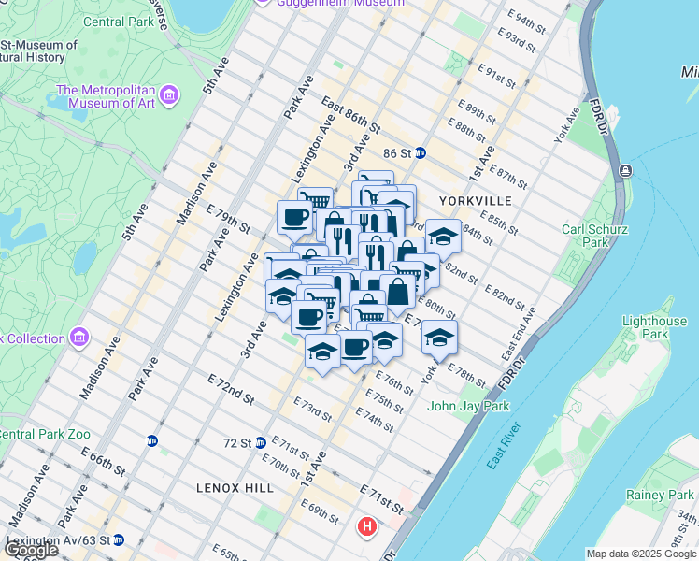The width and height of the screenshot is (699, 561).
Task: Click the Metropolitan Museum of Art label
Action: pos(105,96)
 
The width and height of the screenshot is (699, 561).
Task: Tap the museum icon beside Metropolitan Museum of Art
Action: pos(169,94)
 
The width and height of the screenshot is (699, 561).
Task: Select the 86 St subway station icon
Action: pos(421,152)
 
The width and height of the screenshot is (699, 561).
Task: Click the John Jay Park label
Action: pos(469,406)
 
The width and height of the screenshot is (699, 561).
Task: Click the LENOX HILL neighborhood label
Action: pos(235,487)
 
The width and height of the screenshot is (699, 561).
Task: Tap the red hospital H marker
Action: pos(367,526)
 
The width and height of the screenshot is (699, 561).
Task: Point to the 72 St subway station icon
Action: pos(262,442)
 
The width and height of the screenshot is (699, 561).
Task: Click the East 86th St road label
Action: pos(350,115)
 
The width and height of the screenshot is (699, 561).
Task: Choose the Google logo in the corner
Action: pos(31,550)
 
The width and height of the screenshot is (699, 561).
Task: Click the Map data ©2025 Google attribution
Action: pos(641,554)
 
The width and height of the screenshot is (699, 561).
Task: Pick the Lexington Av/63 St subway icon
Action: pos(118,539)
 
